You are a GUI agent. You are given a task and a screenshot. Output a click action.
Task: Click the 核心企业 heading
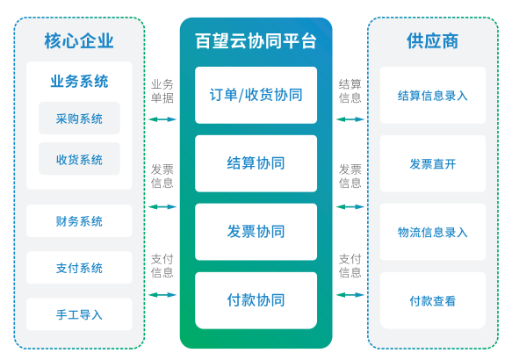79,41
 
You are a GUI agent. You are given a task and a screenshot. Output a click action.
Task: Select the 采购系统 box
79,119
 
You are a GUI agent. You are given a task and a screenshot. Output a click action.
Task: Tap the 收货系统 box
79,159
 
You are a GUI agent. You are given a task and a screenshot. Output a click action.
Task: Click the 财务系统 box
79,221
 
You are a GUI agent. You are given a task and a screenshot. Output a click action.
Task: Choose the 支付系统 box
79,268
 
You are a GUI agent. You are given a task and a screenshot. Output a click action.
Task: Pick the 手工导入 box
79,314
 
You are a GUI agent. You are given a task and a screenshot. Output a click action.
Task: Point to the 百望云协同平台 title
256,41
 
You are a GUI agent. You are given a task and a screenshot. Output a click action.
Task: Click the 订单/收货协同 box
256,95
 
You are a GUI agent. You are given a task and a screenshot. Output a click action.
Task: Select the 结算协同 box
256,163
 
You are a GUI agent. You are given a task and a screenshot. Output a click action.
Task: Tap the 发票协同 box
256,232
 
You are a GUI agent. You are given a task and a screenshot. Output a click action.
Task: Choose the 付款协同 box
256,300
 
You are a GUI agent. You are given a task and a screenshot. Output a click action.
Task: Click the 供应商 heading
433,41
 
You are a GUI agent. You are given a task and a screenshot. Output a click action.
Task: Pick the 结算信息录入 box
433,95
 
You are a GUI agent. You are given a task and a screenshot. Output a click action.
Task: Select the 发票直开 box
433,163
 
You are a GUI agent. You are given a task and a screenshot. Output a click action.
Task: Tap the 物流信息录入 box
433,232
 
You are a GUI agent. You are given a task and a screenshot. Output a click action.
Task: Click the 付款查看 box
433,300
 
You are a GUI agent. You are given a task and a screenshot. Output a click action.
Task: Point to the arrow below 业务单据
162,119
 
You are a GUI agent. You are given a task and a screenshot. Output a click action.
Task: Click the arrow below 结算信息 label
350,119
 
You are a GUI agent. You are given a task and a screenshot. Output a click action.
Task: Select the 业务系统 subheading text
79,82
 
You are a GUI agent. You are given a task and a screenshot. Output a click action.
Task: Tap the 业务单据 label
162,91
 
